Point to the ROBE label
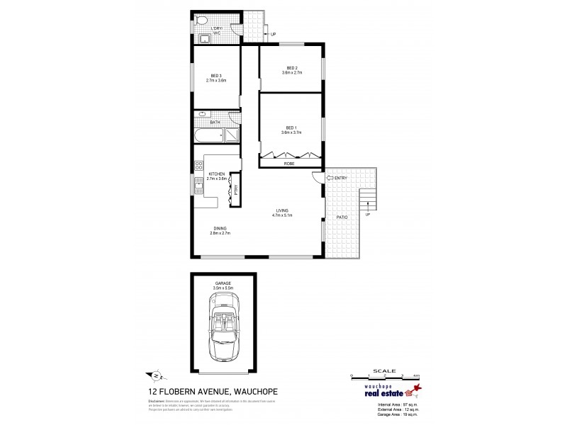[x=289, y=164]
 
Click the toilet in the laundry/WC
[x=201, y=21]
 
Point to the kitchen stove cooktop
[x=198, y=167]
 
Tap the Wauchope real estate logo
[x=380, y=399]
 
